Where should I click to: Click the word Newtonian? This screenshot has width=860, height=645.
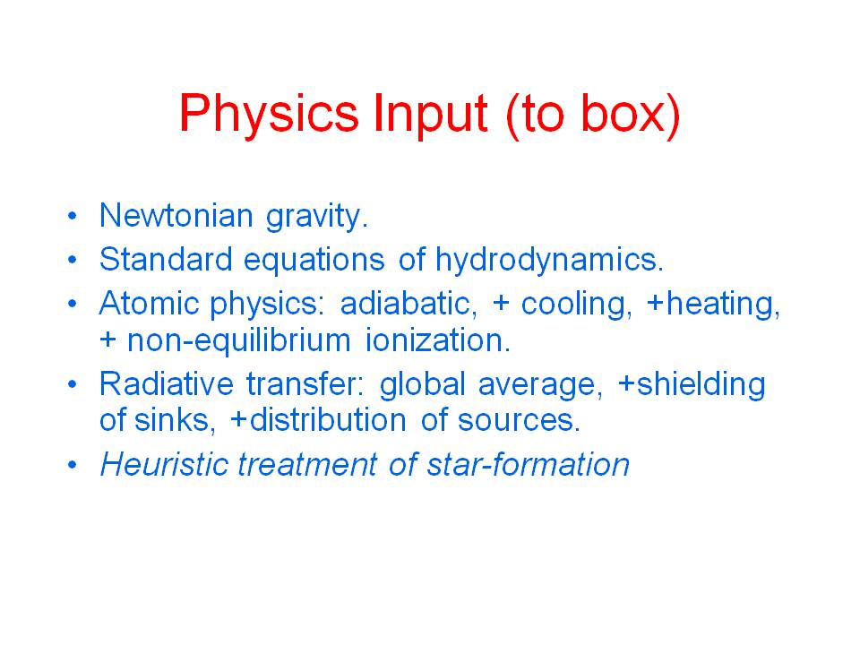[176, 215]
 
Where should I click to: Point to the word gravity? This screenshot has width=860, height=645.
[317, 217]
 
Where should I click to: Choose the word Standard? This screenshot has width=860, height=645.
[167, 259]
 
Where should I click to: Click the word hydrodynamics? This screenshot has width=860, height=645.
[549, 261]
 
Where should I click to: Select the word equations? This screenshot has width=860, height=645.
[314, 261]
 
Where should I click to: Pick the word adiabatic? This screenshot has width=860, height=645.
[408, 303]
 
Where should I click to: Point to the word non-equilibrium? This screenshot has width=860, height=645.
[238, 341]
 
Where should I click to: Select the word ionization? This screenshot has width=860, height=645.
[438, 340]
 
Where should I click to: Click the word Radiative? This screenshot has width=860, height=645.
[167, 383]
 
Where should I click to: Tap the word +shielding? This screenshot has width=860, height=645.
[692, 385]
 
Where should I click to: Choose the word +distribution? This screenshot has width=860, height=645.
[318, 420]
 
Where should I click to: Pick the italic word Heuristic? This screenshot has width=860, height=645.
[164, 464]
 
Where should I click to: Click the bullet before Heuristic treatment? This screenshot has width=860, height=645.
[73, 465]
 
